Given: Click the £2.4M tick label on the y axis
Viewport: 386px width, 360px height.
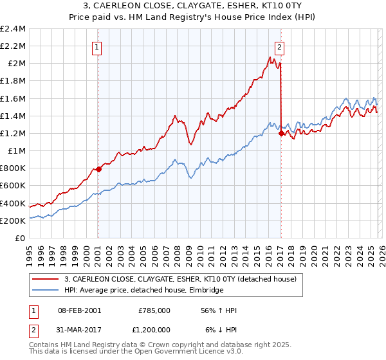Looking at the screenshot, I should pyautogui.click(x=13, y=29).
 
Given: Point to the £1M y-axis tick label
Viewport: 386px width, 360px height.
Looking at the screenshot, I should pyautogui.click(x=16, y=151).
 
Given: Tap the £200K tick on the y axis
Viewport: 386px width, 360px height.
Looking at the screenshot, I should pyautogui.click(x=13, y=221).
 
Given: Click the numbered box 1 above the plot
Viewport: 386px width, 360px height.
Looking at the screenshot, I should pyautogui.click(x=96, y=46).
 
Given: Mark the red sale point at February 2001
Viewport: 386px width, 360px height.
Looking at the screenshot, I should pyautogui.click(x=98, y=170).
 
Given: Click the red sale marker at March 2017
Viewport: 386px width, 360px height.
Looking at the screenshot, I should pyautogui.click(x=281, y=133).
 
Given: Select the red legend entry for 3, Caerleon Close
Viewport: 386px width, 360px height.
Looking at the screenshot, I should pyautogui.click(x=180, y=279).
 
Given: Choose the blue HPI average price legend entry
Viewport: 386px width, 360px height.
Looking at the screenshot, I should pyautogui.click(x=143, y=291).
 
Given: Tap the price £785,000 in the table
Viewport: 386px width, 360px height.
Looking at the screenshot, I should pyautogui.click(x=154, y=310).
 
